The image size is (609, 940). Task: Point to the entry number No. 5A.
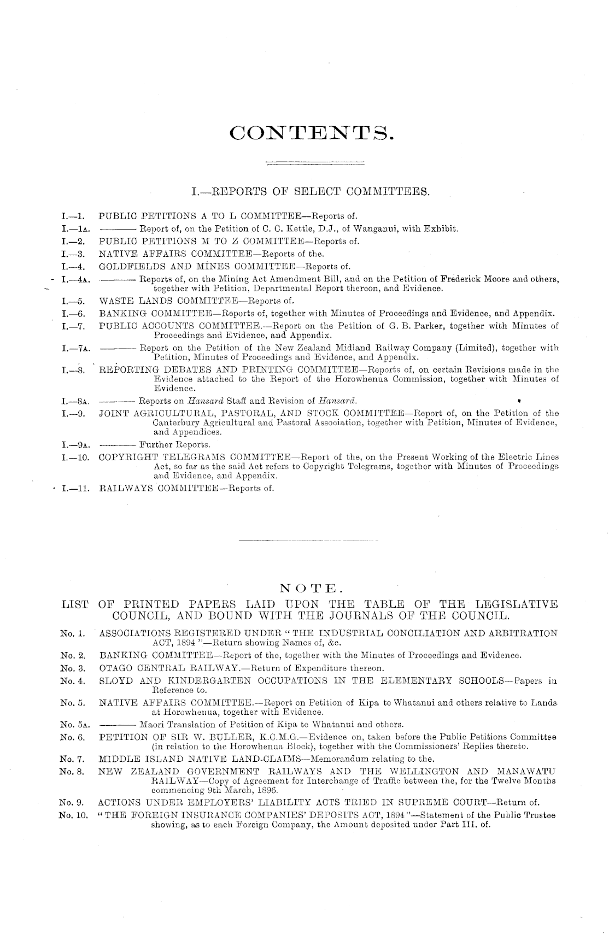pos(75,725)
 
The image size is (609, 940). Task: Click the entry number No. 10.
pos(75,816)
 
